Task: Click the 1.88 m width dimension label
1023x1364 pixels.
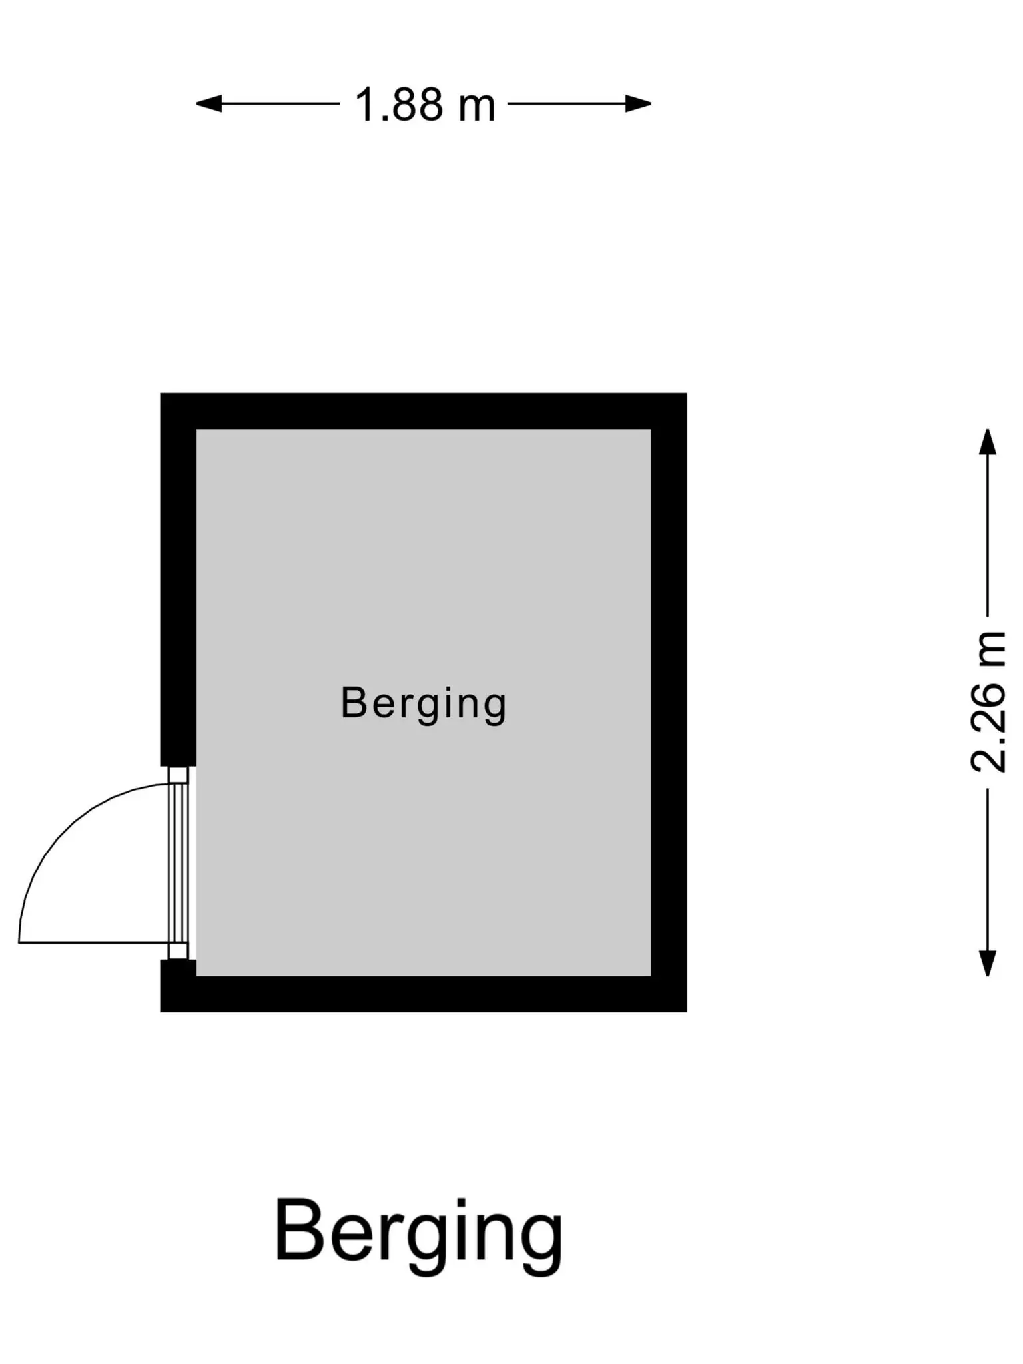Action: [x=425, y=105]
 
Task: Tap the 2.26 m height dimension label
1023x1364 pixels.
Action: [x=988, y=701]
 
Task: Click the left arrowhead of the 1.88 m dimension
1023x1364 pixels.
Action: [x=208, y=103]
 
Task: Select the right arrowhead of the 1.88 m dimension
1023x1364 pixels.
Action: [x=638, y=103]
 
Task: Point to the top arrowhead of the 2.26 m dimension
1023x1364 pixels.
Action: [x=987, y=442]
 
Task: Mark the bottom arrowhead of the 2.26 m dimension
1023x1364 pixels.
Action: [x=987, y=963]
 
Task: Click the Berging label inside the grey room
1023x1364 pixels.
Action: [x=424, y=703]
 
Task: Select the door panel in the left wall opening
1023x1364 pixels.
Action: [x=178, y=863]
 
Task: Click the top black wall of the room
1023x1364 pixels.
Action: [x=424, y=411]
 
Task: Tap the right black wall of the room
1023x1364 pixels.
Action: [x=669, y=703]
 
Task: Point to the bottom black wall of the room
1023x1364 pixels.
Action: [x=424, y=994]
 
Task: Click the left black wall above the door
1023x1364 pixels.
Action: [x=178, y=579]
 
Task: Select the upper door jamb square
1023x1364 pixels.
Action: [x=178, y=775]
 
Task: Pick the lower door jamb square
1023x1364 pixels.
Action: [x=178, y=951]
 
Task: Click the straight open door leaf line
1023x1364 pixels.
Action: [x=93, y=942]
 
